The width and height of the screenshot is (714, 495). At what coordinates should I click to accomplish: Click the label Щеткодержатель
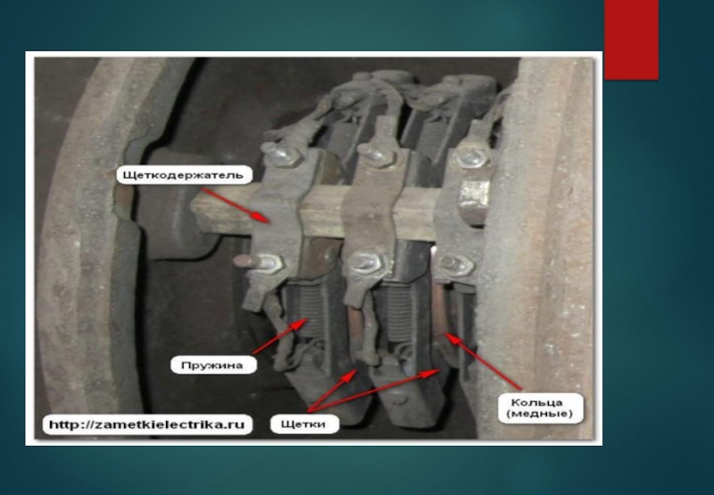click(x=184, y=174)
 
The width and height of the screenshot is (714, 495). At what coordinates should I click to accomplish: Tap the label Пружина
click(x=212, y=365)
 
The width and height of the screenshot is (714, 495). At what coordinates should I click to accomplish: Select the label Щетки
click(x=304, y=424)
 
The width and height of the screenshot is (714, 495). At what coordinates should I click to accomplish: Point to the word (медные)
click(x=539, y=415)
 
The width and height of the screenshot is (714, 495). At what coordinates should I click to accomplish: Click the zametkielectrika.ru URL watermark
click(x=146, y=424)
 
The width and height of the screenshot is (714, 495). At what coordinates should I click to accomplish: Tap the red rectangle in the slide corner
click(x=632, y=39)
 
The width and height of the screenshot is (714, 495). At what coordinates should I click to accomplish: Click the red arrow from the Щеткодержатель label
click(x=235, y=206)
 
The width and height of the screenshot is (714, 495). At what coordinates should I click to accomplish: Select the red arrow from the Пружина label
click(x=278, y=336)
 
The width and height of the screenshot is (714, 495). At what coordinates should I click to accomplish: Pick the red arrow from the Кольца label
click(x=483, y=361)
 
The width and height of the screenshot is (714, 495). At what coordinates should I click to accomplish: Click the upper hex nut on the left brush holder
click(x=285, y=155)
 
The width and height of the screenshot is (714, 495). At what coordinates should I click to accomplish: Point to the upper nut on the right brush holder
click(x=471, y=157)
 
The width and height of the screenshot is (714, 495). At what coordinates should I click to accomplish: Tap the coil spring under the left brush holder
click(x=311, y=311)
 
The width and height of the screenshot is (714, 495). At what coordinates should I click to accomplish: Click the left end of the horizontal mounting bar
click(x=194, y=212)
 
